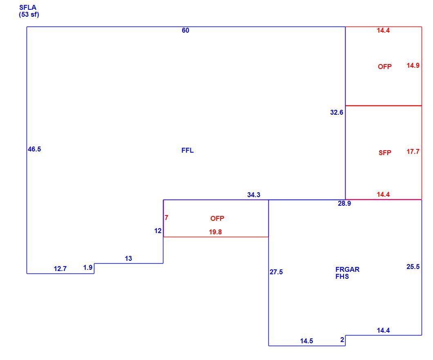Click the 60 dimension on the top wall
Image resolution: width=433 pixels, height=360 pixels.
(185, 30)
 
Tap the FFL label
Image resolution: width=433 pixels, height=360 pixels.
(187, 150)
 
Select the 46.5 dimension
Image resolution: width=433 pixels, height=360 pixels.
(34, 149)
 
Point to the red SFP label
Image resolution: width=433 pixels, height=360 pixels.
(385, 153)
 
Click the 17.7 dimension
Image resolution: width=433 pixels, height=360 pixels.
(413, 151)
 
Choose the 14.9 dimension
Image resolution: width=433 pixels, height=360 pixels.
(413, 65)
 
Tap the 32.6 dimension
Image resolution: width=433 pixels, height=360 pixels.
(337, 112)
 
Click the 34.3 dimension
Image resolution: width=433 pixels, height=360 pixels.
(254, 195)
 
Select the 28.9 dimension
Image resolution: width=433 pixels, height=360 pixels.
(344, 203)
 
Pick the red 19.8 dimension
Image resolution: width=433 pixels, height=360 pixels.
(215, 232)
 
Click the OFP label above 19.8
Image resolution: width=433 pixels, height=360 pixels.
(217, 218)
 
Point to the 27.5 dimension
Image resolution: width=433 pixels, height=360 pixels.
(276, 272)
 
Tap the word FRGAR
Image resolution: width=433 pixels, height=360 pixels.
(347, 269)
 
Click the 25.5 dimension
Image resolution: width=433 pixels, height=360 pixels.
(413, 267)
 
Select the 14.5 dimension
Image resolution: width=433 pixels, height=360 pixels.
(306, 341)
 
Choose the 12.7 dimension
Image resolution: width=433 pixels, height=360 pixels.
(60, 269)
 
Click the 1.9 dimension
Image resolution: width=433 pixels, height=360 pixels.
(88, 268)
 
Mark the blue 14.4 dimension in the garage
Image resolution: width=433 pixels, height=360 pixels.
(383, 330)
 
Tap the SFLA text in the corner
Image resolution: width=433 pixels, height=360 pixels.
(28, 8)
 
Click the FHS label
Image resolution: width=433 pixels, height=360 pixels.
(342, 276)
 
